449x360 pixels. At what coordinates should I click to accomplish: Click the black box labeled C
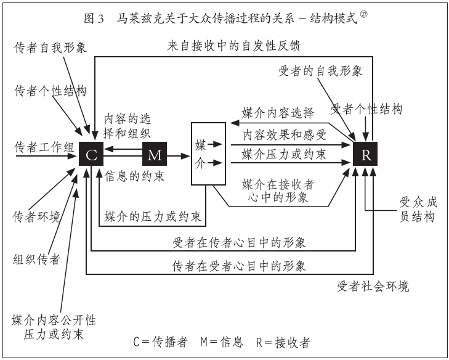pos(91,154)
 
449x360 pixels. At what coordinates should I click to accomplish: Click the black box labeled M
pos(155,154)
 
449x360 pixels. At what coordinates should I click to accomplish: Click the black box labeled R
pos(366,154)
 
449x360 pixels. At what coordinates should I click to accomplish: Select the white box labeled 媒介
pos(208,154)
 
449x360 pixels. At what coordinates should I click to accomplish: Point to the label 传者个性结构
pos(51,91)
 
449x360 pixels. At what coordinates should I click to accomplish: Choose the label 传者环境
pos(37,217)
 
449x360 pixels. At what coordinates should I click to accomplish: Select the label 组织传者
pos(37,259)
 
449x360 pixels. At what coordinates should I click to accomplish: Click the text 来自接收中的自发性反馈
pos(233,46)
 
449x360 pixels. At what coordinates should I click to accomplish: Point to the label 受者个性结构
pos(366,110)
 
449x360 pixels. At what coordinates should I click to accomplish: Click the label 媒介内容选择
pos(278,113)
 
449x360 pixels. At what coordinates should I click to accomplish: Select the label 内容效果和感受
pos(284,134)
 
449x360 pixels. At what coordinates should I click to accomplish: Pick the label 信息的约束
pos(135,176)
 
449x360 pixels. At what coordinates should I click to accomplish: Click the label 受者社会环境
pos(373,287)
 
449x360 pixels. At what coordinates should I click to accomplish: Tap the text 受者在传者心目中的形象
pos(240,242)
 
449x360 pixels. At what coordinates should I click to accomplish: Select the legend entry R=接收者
pos(283,342)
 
